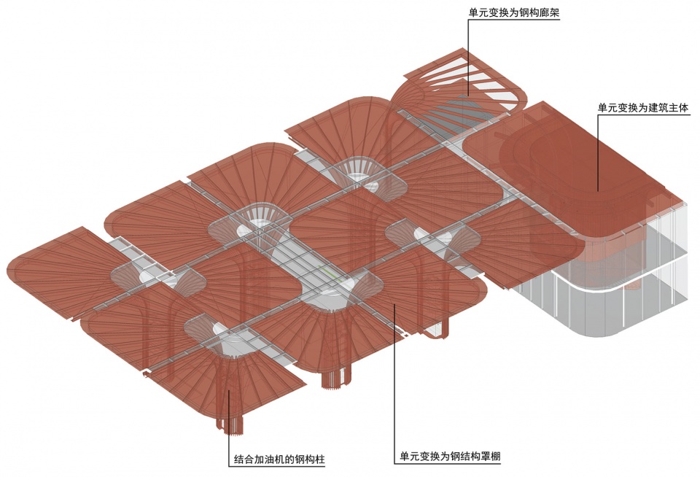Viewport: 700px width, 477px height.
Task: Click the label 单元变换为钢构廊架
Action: pos(514,12)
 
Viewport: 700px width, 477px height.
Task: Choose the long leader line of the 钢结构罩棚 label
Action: pos(394,379)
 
